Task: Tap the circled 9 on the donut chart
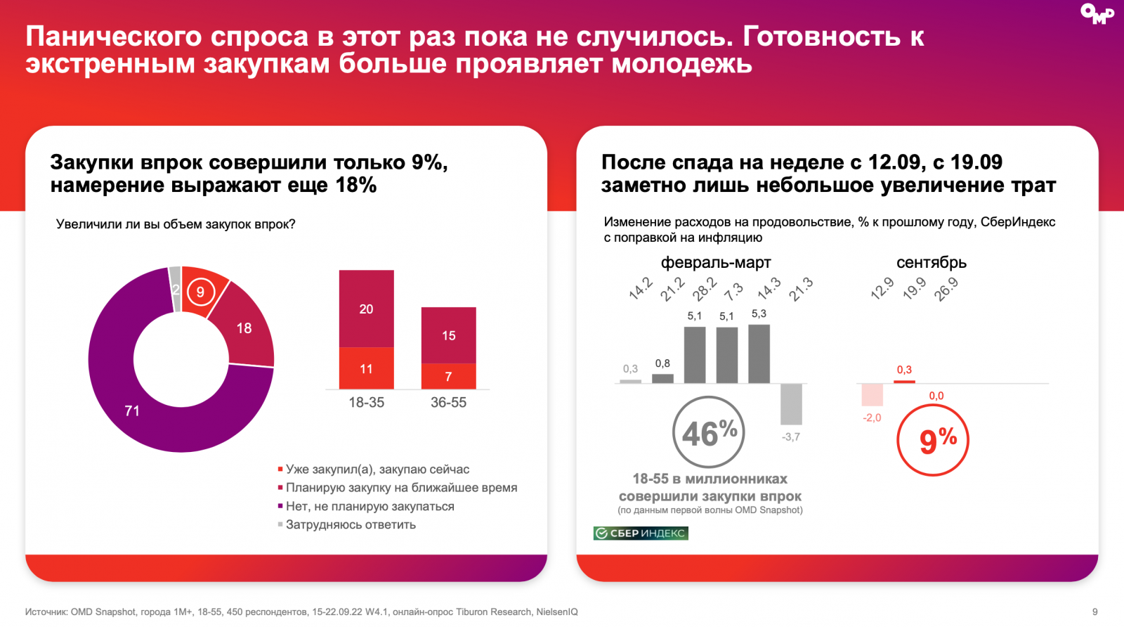pyautogui.click(x=200, y=292)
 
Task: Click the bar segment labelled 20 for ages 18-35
pyautogui.click(x=366, y=309)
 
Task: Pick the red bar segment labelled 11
pyautogui.click(x=366, y=368)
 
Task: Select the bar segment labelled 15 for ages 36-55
pyautogui.click(x=448, y=335)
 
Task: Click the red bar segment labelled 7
pyautogui.click(x=448, y=376)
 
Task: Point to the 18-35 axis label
pyautogui.click(x=366, y=403)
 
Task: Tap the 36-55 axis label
pyautogui.click(x=448, y=403)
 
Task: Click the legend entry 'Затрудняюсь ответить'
pyautogui.click(x=351, y=524)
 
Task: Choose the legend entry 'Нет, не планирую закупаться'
pyautogui.click(x=370, y=506)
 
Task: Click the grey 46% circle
pyautogui.click(x=709, y=432)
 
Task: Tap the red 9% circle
pyautogui.click(x=933, y=440)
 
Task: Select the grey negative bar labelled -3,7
pyautogui.click(x=791, y=403)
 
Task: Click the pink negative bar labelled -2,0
pyautogui.click(x=872, y=395)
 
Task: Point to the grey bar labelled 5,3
pyautogui.click(x=759, y=354)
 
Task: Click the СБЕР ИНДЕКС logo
pyautogui.click(x=641, y=534)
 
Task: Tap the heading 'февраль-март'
pyautogui.click(x=715, y=263)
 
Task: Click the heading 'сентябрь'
pyautogui.click(x=931, y=263)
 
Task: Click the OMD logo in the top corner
pyautogui.click(x=1097, y=13)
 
